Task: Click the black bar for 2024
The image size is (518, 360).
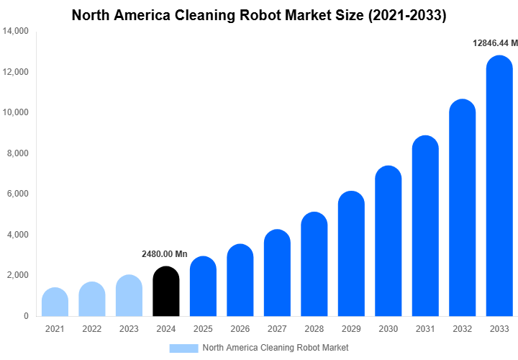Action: point(166,292)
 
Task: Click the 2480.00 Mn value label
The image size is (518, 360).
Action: point(164,254)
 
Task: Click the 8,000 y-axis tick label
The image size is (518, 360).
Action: point(17,153)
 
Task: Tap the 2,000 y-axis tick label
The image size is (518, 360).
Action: point(17,275)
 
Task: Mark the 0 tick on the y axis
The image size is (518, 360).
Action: point(26,316)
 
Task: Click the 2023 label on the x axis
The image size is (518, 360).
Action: point(129,329)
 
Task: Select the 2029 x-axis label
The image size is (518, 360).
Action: point(351,329)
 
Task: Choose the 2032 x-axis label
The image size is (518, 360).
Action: point(462,329)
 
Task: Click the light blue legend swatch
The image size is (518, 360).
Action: point(183,348)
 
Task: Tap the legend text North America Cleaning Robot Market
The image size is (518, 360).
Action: point(276,348)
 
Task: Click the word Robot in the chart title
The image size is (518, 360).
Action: point(263,15)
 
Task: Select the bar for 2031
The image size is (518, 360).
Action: point(425,226)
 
